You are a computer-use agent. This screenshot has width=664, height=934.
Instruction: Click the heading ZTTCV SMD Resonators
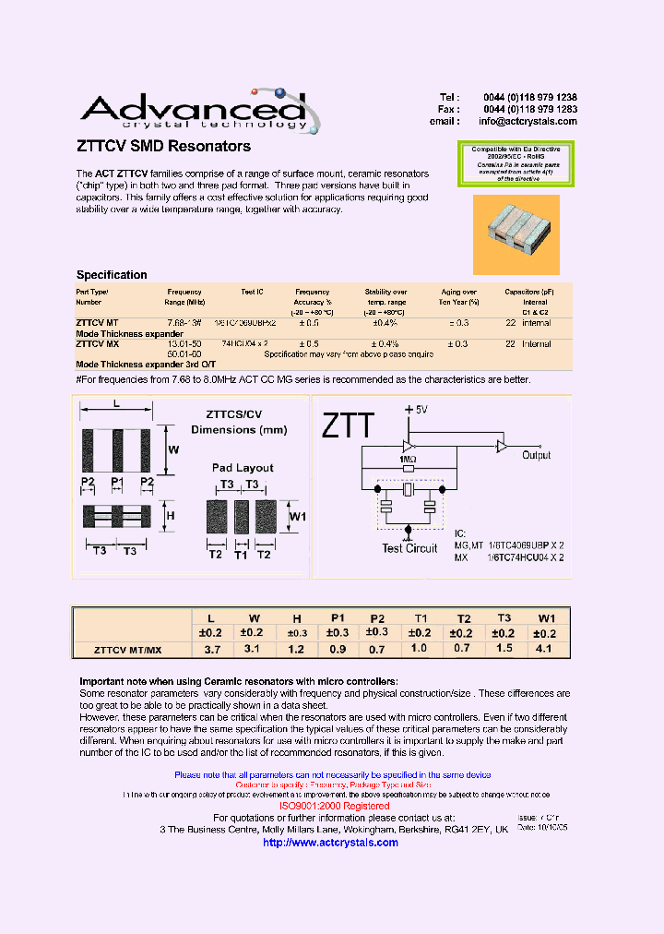(163, 147)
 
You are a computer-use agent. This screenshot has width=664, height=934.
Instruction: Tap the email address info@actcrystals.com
(528, 121)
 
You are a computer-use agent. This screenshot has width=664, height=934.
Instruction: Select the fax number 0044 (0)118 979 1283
(529, 109)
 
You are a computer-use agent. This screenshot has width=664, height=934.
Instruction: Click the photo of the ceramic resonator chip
(516, 234)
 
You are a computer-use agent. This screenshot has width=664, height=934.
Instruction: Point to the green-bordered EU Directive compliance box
(516, 163)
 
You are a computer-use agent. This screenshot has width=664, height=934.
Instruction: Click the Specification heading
(112, 275)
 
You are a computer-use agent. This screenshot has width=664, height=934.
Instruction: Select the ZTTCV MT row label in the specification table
(96, 323)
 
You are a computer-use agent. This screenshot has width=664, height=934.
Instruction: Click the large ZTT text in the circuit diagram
(348, 425)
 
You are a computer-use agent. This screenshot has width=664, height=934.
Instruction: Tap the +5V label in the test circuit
(417, 409)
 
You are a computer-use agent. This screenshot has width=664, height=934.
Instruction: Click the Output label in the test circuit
(536, 455)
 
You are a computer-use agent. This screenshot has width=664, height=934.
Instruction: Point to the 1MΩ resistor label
(409, 459)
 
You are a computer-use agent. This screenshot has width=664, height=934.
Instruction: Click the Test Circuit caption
(409, 548)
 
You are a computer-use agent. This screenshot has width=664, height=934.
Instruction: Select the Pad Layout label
(243, 468)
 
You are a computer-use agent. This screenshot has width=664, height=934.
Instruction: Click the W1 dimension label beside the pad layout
(298, 516)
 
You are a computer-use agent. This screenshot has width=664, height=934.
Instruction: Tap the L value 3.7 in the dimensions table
(211, 649)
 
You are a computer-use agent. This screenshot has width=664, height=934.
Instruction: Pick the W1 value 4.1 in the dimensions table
(546, 649)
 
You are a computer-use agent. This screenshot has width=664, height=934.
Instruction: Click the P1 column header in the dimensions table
(337, 618)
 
